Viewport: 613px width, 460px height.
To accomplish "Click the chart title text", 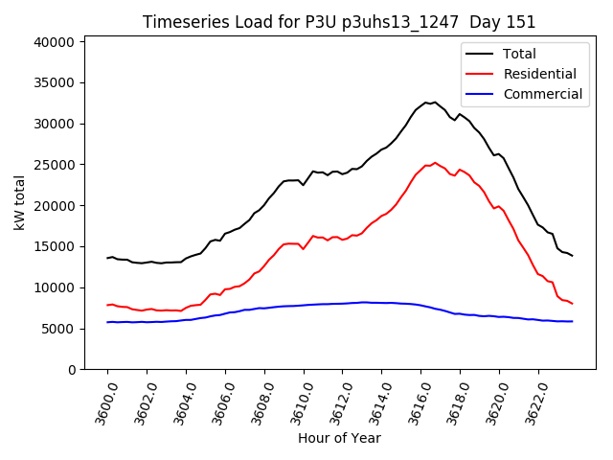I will point(339,22).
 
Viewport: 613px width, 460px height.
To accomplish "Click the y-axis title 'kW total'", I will point(20,203).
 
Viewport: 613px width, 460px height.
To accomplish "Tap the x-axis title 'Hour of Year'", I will point(339,438).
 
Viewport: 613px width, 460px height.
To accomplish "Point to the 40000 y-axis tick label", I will point(56,42).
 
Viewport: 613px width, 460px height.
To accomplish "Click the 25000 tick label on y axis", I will point(56,165).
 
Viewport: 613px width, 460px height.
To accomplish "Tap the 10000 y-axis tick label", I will point(56,287).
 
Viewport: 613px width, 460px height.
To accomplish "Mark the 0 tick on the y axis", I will point(71,369).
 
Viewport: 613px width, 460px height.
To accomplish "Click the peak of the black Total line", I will point(435,102).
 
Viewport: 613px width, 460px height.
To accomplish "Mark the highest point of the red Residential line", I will point(435,163).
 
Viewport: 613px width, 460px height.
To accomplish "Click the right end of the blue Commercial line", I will point(572,321).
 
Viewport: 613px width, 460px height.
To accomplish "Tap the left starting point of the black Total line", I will point(107,258).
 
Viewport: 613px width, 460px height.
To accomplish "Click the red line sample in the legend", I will point(481,74).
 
